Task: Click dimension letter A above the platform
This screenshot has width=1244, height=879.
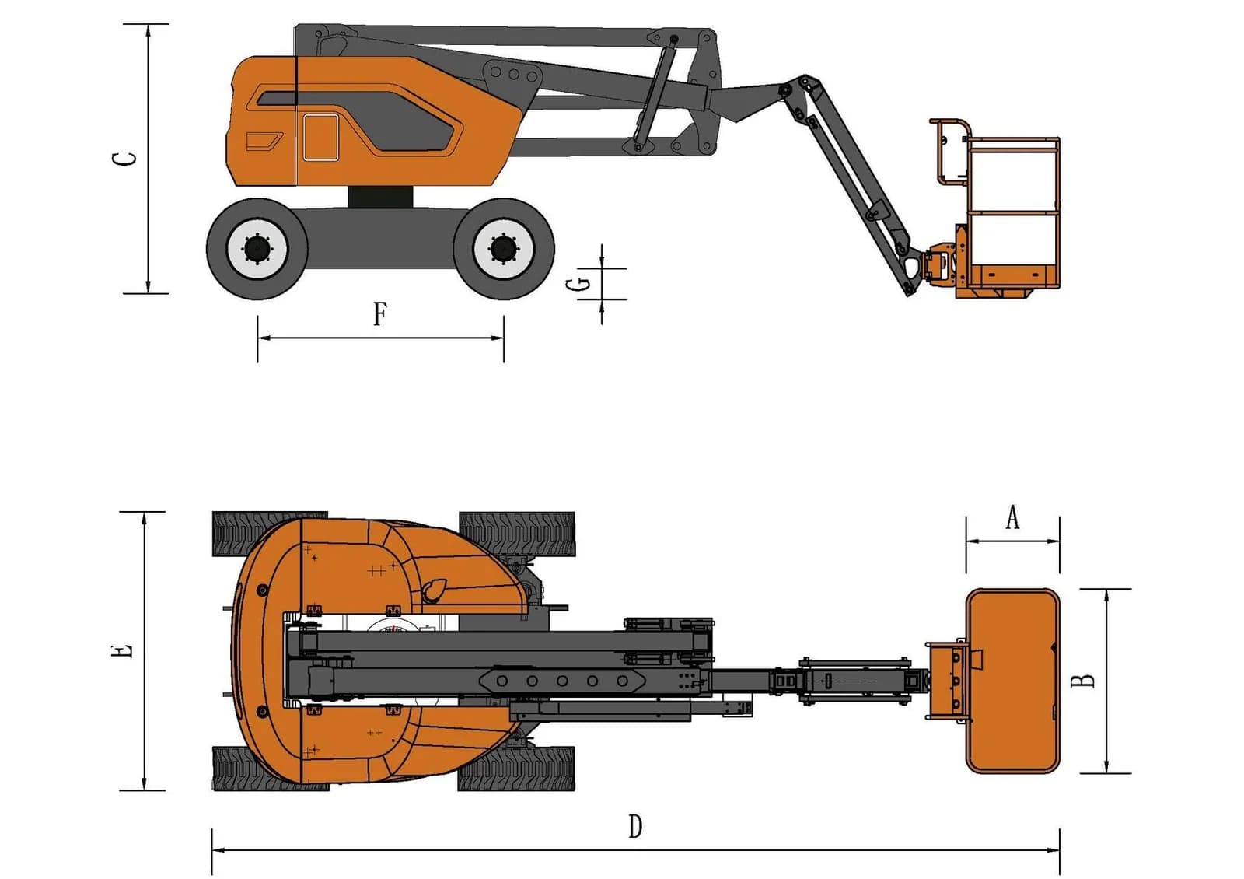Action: [1012, 517]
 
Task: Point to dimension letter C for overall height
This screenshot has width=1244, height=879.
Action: [124, 159]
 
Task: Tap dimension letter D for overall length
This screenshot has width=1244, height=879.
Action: [635, 826]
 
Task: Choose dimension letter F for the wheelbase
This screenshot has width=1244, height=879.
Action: [380, 314]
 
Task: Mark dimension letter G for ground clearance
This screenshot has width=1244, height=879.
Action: [578, 285]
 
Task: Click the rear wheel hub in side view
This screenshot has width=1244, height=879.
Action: [257, 249]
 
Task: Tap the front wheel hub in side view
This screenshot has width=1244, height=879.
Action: [504, 249]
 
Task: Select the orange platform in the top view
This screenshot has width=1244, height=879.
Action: [1013, 681]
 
